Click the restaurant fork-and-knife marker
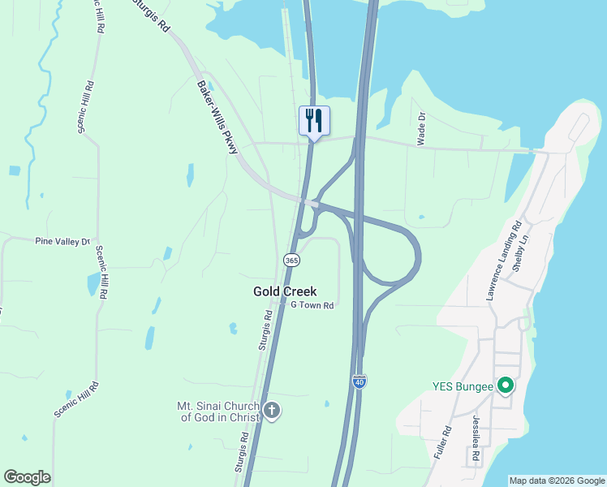(x=314, y=121)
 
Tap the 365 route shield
(x=291, y=260)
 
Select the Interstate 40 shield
(x=359, y=381)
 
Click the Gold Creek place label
(x=285, y=291)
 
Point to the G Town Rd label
(x=312, y=306)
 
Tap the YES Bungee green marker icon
(x=506, y=386)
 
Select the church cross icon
(x=272, y=411)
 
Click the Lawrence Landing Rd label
(x=503, y=260)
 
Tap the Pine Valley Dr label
(x=61, y=241)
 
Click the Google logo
(x=27, y=477)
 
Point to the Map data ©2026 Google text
(x=556, y=481)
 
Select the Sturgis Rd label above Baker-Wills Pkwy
(x=153, y=16)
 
